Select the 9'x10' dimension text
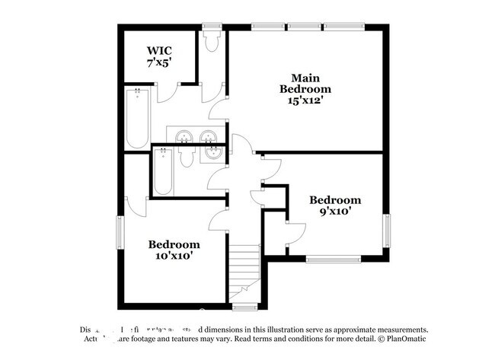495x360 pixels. (334, 213)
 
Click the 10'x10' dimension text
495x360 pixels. (174, 257)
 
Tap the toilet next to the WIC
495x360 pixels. (212, 42)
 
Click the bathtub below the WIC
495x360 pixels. (137, 117)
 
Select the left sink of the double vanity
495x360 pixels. (183, 137)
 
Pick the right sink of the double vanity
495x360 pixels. (208, 137)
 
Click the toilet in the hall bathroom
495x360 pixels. (185, 158)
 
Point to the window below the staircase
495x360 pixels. (244, 307)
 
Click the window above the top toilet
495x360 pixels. (212, 27)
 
